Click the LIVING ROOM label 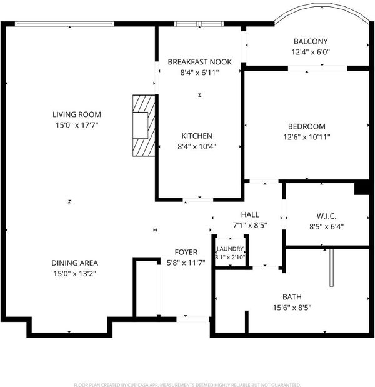[77, 114]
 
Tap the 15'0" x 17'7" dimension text [77, 125]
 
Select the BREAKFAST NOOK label [199, 62]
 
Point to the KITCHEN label [197, 136]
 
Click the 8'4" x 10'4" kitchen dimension [197, 146]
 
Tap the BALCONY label [311, 41]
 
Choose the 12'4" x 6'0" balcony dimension [311, 52]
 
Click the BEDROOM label [307, 127]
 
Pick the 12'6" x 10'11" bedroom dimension [307, 137]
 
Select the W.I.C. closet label [326, 216]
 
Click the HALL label [250, 214]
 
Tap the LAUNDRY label [230, 249]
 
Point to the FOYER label [186, 253]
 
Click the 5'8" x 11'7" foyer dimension [186, 263]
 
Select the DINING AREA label [75, 263]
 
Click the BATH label [292, 297]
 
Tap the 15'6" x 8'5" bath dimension [292, 308]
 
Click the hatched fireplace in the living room [144, 126]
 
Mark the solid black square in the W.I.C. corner [362, 189]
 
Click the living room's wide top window [64, 24]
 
